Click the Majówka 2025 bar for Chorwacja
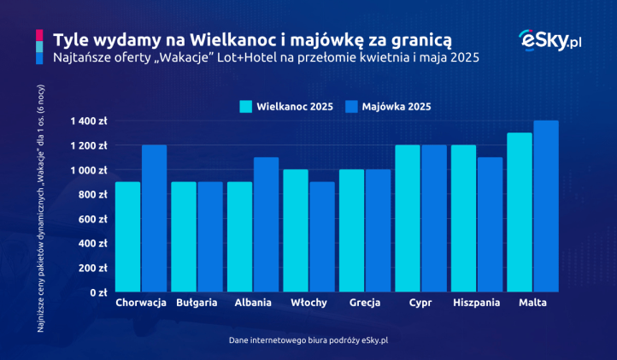click(x=154, y=218)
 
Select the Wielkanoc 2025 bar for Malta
click(x=519, y=212)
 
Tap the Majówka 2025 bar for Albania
click(x=266, y=224)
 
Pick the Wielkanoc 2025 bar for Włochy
click(x=295, y=231)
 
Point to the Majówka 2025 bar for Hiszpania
click(x=490, y=224)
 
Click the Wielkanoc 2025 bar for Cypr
click(x=407, y=218)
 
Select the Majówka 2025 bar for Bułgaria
click(x=210, y=237)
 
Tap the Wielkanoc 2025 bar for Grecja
click(x=351, y=231)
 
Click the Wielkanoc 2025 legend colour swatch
click(x=246, y=107)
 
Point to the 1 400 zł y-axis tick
click(x=89, y=121)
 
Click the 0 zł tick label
click(x=96, y=292)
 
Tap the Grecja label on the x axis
click(x=364, y=304)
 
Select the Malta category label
click(x=532, y=304)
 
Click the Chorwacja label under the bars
click(x=140, y=304)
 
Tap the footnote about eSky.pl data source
click(x=308, y=340)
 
